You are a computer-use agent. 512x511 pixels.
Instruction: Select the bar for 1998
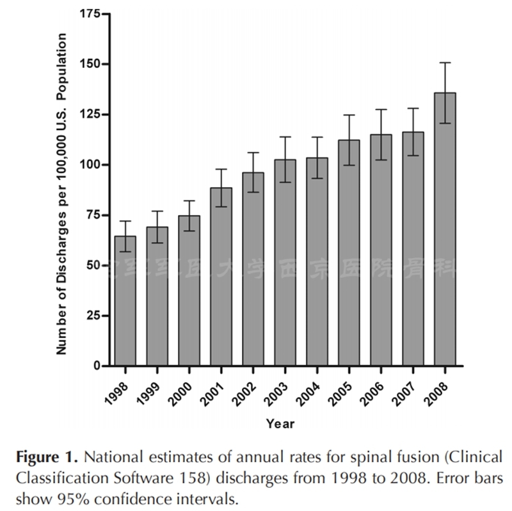(125, 301)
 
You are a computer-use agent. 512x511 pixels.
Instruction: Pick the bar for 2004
(317, 262)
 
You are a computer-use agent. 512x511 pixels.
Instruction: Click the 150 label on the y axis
(89, 64)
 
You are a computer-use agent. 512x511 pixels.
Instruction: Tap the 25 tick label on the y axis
(92, 316)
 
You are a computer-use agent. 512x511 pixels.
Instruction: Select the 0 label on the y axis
(96, 366)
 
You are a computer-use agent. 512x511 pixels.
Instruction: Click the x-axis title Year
(280, 423)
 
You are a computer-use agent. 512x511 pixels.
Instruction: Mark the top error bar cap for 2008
(445, 63)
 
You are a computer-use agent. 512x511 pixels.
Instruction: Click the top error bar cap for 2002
(253, 152)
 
